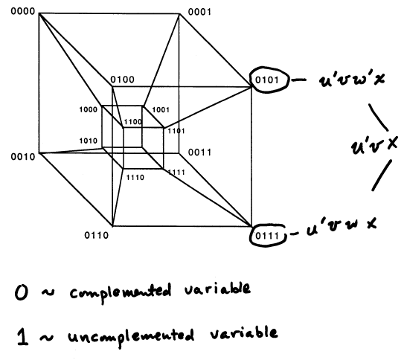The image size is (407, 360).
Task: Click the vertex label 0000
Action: point(23,11)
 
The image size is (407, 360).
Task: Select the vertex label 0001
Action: point(199,12)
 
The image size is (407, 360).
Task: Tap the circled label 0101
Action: point(267,80)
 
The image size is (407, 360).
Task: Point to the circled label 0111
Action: point(267,236)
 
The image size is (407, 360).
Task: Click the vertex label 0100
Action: point(123,80)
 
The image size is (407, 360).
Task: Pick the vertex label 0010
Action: point(23,157)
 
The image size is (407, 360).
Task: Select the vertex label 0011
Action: point(199,152)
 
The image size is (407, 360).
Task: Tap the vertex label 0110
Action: point(96,236)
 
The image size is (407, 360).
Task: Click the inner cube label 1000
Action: point(89,109)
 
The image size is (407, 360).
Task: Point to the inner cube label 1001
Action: point(161,110)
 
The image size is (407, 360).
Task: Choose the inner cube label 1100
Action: point(133,122)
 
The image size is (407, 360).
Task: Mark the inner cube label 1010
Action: point(89,141)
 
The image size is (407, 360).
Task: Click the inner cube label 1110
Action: point(135,178)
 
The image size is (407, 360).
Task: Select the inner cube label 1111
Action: point(176,172)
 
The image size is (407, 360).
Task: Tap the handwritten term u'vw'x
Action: point(352,79)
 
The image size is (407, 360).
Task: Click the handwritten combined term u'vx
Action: point(374,145)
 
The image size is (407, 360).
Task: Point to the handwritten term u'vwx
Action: point(342,226)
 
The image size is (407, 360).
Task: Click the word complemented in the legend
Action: point(121,292)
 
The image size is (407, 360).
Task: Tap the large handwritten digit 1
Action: point(23,337)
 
